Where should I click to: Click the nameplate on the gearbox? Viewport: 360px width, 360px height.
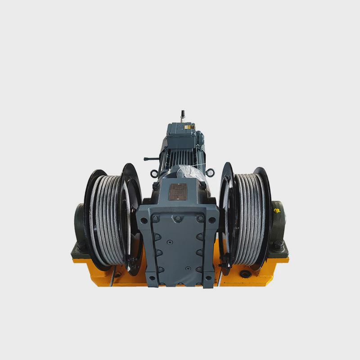[x=178, y=192]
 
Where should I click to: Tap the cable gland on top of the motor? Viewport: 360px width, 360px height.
[x=183, y=115]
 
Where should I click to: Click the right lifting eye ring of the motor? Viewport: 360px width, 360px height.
[x=210, y=172]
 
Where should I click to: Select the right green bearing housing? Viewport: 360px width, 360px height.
[x=279, y=225]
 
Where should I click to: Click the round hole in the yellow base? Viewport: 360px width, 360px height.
[x=245, y=274]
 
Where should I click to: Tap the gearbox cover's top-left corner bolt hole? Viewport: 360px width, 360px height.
[x=144, y=220]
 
